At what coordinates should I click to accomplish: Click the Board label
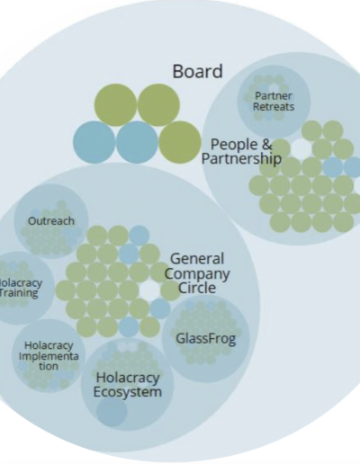[x=197, y=71]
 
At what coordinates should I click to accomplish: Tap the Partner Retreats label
[x=274, y=102]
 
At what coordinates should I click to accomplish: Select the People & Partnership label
[x=241, y=152]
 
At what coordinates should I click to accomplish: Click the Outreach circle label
[x=51, y=221]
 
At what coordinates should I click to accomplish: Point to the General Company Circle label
[x=197, y=273]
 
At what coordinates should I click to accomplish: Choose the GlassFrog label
[x=206, y=339]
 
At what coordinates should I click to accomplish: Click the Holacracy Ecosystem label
[x=128, y=385]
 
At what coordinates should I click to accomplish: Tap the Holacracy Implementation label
[x=49, y=356]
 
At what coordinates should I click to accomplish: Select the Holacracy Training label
[x=20, y=288]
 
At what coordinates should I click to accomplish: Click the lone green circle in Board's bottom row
[x=180, y=142]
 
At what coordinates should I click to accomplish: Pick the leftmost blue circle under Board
[x=94, y=142]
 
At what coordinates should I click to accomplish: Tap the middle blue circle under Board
[x=137, y=142]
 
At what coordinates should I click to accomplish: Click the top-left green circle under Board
[x=115, y=105]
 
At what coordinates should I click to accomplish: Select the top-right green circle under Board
[x=158, y=105]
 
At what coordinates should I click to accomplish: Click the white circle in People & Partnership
[x=301, y=147]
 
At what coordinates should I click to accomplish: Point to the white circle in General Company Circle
[x=149, y=290]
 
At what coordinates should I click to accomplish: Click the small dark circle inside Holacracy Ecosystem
[x=112, y=411]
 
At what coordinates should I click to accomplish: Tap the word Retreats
[x=274, y=107]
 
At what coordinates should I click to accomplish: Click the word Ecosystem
[x=128, y=392]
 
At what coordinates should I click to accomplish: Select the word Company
[x=197, y=274]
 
